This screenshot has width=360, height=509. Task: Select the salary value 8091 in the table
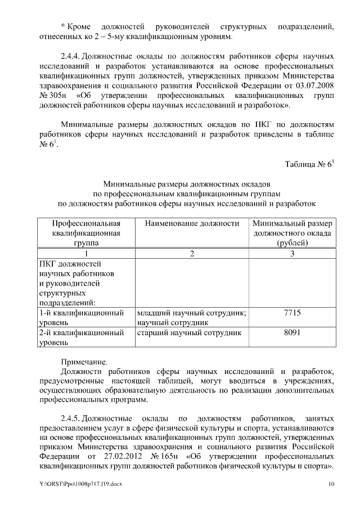coord(292,333)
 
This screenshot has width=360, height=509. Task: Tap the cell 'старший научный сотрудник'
coord(189,333)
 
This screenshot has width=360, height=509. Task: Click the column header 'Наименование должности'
coord(192,223)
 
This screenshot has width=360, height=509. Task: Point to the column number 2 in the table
coord(192,254)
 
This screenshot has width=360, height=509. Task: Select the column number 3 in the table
coord(292,254)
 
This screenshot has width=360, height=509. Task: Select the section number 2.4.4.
coord(72,57)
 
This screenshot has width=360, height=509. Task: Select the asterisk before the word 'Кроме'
coord(62,26)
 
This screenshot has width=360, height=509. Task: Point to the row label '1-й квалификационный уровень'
coord(80,318)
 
